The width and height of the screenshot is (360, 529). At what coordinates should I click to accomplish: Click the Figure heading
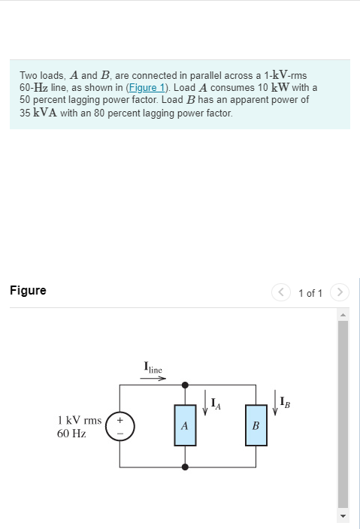click(x=28, y=291)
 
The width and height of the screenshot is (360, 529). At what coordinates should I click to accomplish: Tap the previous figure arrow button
click(x=281, y=292)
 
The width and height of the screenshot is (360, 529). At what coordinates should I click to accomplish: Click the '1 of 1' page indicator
click(x=310, y=292)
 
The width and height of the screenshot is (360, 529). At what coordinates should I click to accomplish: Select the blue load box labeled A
click(x=185, y=425)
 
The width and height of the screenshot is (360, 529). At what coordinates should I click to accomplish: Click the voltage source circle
click(x=120, y=425)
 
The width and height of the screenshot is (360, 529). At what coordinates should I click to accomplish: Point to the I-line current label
click(x=153, y=367)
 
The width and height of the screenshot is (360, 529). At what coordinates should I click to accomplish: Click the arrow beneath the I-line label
click(x=153, y=378)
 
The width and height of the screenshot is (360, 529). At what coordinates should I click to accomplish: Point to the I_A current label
click(x=216, y=406)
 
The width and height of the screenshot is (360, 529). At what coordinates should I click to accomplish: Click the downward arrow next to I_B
click(x=275, y=406)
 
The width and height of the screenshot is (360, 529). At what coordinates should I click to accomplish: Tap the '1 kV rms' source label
click(x=80, y=420)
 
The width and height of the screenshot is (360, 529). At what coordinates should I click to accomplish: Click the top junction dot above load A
click(x=185, y=384)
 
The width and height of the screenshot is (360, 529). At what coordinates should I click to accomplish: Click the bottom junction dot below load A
click(x=185, y=467)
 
